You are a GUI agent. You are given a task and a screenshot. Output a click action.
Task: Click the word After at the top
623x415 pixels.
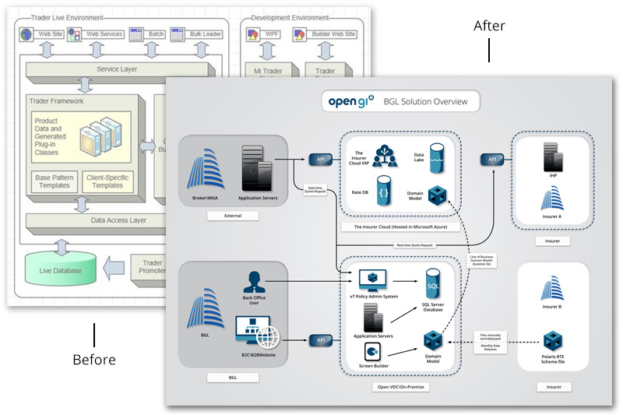coord(489,26)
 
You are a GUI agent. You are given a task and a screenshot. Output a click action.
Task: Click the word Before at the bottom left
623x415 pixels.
coord(93,360)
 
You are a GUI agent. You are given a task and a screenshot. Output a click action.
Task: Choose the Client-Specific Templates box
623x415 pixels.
coord(107,181)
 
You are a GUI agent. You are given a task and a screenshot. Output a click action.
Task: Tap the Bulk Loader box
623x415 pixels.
coord(201,35)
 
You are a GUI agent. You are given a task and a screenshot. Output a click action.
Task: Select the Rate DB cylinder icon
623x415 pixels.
coord(383,190)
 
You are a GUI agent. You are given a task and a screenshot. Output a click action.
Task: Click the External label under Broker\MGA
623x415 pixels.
coord(233,215)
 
